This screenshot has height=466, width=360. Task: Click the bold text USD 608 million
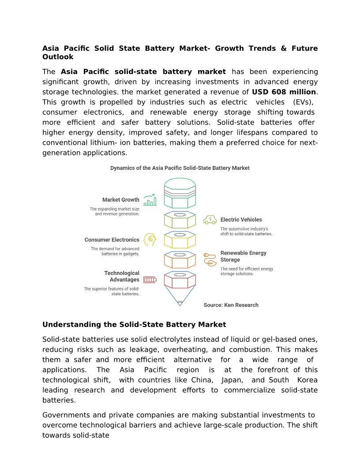click(x=284, y=92)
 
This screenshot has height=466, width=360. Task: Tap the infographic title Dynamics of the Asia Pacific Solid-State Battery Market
click(x=180, y=168)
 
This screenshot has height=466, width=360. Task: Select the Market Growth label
click(x=120, y=200)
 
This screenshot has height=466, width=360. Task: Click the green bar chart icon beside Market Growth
click(x=150, y=200)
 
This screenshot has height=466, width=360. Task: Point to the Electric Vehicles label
click(x=241, y=219)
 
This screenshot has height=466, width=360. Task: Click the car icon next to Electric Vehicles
click(x=210, y=219)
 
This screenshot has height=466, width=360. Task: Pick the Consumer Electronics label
click(x=112, y=240)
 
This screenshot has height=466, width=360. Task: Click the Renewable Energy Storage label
click(x=243, y=256)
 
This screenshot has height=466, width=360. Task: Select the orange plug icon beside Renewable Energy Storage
click(x=210, y=259)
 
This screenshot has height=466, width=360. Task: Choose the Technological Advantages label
click(x=121, y=276)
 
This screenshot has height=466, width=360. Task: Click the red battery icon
click(x=150, y=279)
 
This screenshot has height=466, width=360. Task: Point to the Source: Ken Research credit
click(x=231, y=305)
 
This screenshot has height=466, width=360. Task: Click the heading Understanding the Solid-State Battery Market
click(x=134, y=325)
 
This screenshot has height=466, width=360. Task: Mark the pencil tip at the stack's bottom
click(x=180, y=303)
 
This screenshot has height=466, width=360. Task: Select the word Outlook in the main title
click(x=58, y=57)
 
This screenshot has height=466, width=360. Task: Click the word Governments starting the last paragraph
click(x=66, y=415)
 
